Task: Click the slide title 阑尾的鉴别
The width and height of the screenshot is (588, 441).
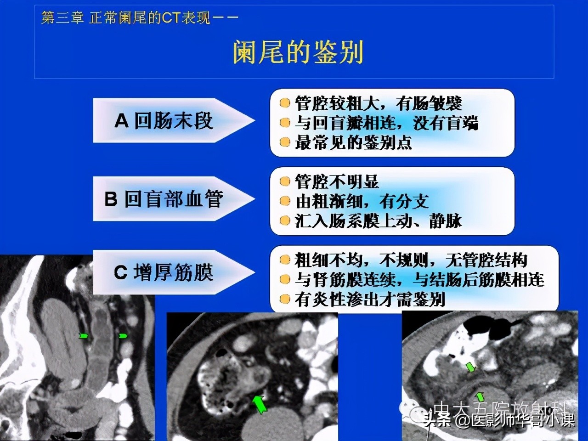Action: point(298,51)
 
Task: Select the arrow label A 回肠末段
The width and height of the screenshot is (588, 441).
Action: point(164,121)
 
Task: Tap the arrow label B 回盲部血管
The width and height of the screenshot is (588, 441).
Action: point(164,199)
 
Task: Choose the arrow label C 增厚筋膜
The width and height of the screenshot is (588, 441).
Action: point(164,273)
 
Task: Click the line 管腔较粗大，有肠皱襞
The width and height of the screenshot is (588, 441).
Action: point(378,103)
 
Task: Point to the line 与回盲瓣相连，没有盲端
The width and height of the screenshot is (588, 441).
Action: point(386,123)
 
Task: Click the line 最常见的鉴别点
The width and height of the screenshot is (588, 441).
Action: point(353,143)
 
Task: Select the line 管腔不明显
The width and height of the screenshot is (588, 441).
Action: point(337,182)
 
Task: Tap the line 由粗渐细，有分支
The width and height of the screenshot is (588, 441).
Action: point(362,201)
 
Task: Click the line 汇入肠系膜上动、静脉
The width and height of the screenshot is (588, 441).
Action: point(378,221)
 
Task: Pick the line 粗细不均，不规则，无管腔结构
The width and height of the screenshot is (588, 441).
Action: point(411,260)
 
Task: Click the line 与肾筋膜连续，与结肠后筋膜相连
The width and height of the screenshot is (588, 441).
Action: point(419,280)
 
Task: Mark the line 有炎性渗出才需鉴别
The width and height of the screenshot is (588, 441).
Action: point(370,300)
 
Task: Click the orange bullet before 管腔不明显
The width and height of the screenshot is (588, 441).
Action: point(285,182)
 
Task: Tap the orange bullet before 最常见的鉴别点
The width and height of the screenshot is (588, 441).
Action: point(285,143)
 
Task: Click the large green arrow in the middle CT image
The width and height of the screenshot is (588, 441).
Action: point(260,404)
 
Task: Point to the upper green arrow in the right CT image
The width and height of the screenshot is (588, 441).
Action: point(470,367)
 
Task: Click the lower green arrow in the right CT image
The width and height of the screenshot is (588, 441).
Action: point(480,396)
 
